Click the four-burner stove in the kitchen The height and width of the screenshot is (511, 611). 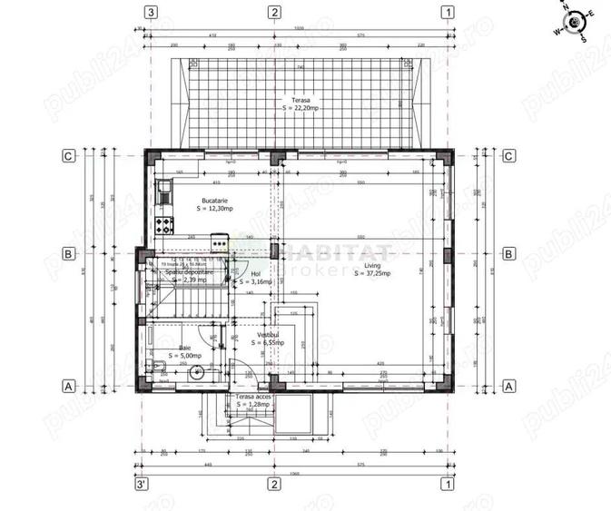point(163,224)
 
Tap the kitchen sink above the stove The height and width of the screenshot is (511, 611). point(164,192)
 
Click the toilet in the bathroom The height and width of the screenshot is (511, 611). point(156,368)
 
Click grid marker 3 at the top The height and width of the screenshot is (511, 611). point(151,12)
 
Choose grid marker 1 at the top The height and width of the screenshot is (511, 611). point(447,12)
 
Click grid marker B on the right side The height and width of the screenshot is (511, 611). point(508,254)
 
